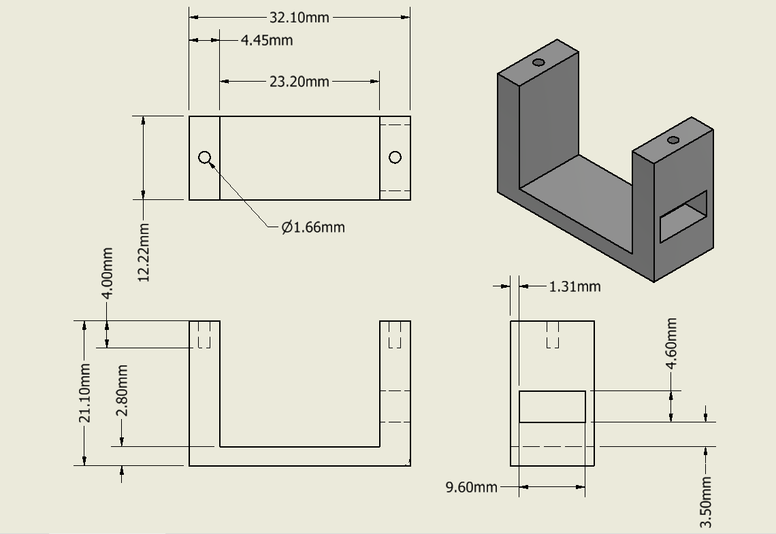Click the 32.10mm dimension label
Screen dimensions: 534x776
[x=300, y=18]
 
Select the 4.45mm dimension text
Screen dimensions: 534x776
[x=267, y=40]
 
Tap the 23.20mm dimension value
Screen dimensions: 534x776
[x=300, y=82]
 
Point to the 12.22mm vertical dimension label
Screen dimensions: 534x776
[x=144, y=252]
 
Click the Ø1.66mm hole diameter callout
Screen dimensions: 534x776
[x=313, y=227]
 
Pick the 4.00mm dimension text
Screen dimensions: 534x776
[x=107, y=273]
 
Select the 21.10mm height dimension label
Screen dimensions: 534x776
[x=85, y=393]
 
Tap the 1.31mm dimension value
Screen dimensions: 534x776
[x=575, y=286]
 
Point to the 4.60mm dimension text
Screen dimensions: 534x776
[x=671, y=344]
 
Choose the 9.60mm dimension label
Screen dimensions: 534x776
[x=471, y=487]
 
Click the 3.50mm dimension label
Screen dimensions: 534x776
[x=706, y=501]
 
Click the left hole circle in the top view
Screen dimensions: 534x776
[x=205, y=158]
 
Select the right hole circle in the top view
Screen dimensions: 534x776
[x=395, y=158]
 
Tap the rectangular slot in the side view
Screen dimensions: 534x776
[x=552, y=407]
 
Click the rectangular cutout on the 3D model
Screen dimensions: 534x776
[x=683, y=216]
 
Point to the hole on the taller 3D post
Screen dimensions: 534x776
[x=538, y=63]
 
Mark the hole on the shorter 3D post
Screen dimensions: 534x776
[x=673, y=140]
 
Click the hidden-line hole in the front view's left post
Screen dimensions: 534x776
[x=204, y=335]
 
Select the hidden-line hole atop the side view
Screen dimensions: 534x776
[x=553, y=335]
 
